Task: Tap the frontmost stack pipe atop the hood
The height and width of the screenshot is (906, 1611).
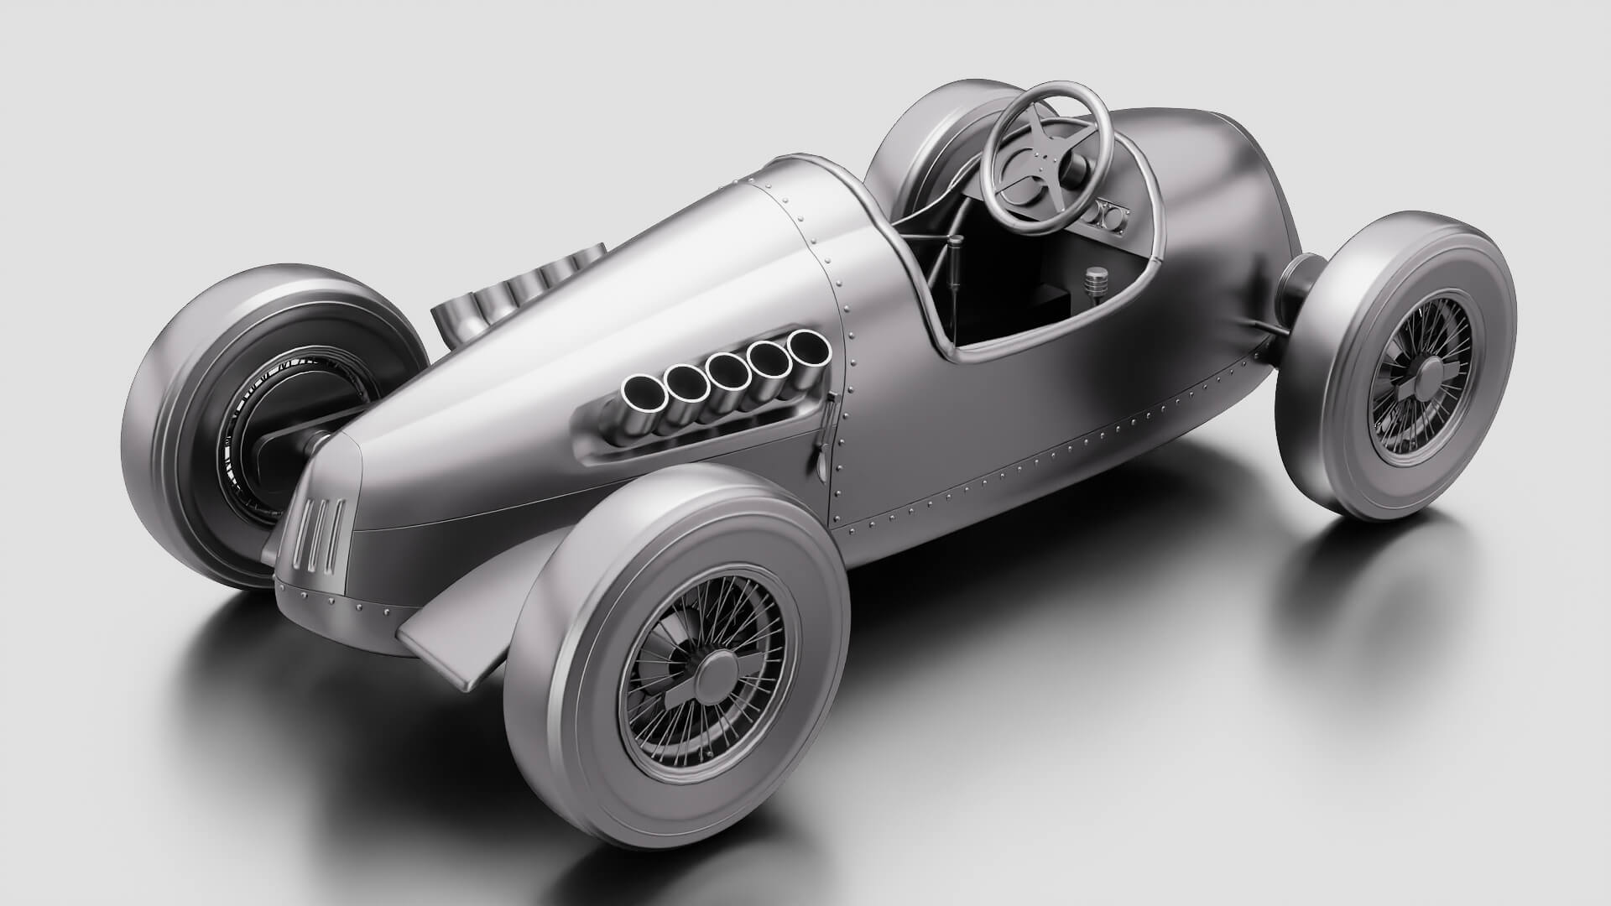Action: pos(454,319)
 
